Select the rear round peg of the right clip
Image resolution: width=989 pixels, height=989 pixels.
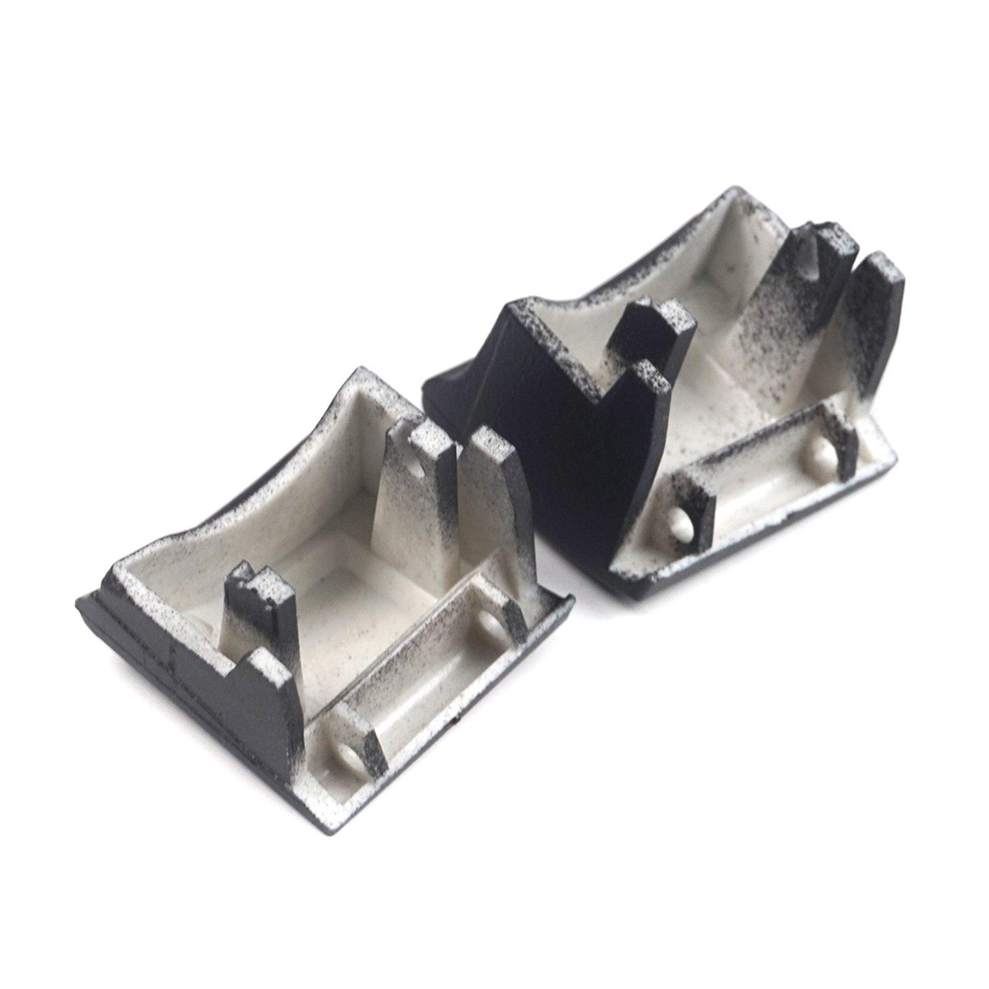(x=816, y=455)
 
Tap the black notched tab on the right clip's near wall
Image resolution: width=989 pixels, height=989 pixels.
(x=649, y=328)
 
